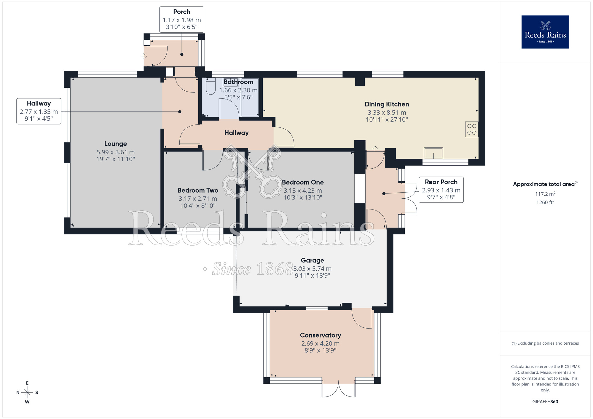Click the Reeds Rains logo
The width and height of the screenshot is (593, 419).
[x=545, y=32]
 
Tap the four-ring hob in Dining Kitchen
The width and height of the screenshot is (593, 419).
[x=471, y=129]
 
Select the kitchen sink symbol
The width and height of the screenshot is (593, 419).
[x=433, y=153]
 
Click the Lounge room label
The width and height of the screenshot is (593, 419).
[x=116, y=144]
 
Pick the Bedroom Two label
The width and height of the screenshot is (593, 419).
[x=198, y=190]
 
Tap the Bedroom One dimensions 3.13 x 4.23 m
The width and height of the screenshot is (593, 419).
[x=303, y=191]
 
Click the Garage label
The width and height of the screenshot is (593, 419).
[x=312, y=260]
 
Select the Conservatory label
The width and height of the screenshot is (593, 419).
[x=320, y=335]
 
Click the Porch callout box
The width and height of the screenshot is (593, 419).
[x=182, y=20]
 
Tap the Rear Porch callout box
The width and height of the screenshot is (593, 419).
[x=441, y=190]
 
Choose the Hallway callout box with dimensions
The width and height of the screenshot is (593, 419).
[x=39, y=111]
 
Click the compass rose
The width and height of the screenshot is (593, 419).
[x=27, y=393]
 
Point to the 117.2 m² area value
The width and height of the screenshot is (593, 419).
[x=545, y=194]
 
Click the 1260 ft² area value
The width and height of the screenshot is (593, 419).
[x=545, y=202]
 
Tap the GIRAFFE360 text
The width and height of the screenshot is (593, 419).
[x=545, y=402]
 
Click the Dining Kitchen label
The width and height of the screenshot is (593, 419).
[x=387, y=104]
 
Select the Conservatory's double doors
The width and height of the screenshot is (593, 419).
[x=339, y=390]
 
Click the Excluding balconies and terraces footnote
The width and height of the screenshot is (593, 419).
[x=545, y=343]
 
